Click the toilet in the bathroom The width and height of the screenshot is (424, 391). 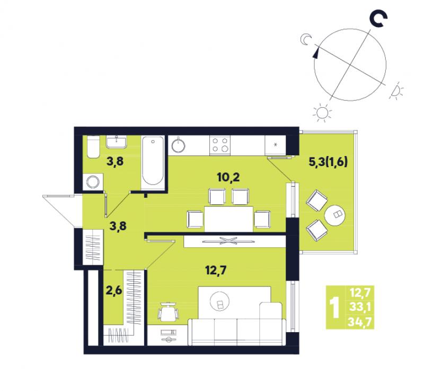click(x=94, y=146)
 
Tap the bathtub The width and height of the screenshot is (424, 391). click(x=153, y=161)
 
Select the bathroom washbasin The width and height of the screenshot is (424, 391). click(x=117, y=142)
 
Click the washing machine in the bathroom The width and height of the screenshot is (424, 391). click(x=93, y=182)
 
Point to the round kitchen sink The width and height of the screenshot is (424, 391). click(x=178, y=145)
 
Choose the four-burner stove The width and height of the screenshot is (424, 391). click(x=220, y=145)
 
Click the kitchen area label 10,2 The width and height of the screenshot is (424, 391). click(x=228, y=177)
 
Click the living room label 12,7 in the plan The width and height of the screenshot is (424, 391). click(x=216, y=270)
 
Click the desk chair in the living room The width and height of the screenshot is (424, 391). click(x=168, y=312)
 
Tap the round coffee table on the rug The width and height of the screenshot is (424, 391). click(x=219, y=301)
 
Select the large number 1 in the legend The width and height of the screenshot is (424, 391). click(x=335, y=308)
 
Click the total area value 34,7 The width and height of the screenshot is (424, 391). click(x=361, y=322)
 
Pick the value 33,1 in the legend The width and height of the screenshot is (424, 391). click(x=361, y=307)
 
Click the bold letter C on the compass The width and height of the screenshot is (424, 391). click(x=378, y=20)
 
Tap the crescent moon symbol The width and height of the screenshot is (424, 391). click(x=306, y=39)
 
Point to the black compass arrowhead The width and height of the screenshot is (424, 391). click(x=315, y=52)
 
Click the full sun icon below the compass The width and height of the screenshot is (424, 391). click(x=322, y=112)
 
